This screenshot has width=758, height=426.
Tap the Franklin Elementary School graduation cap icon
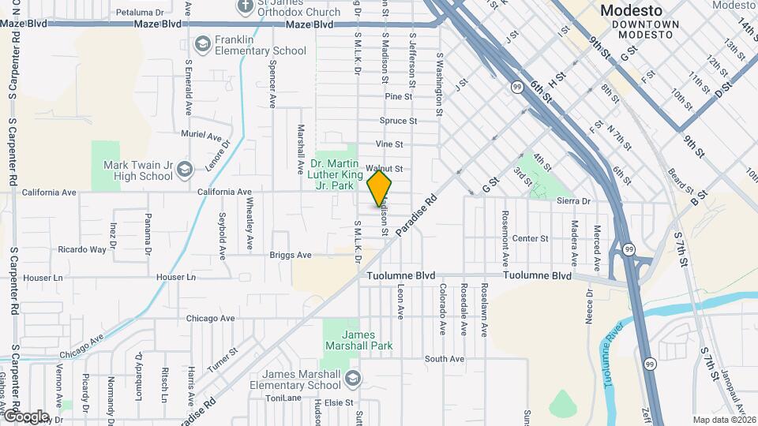pyautogui.click(x=202, y=43)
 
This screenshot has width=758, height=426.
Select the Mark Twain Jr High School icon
pyautogui.click(x=185, y=170)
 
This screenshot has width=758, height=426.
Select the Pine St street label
pyautogui.click(x=399, y=96)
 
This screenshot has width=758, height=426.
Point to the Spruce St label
pyautogui.click(x=398, y=121)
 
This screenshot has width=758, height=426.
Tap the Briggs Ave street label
pyautogui.click(x=291, y=255)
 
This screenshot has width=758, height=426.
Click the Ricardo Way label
pyautogui.click(x=82, y=249)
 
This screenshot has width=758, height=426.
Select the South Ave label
pyautogui.click(x=444, y=359)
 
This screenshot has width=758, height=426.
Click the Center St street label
pyautogui.click(x=530, y=238)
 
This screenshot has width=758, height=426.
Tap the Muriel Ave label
pyautogui.click(x=198, y=134)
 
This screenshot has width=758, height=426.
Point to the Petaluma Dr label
pyautogui.click(x=139, y=13)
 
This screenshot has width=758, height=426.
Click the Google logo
pyautogui.click(x=25, y=416)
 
